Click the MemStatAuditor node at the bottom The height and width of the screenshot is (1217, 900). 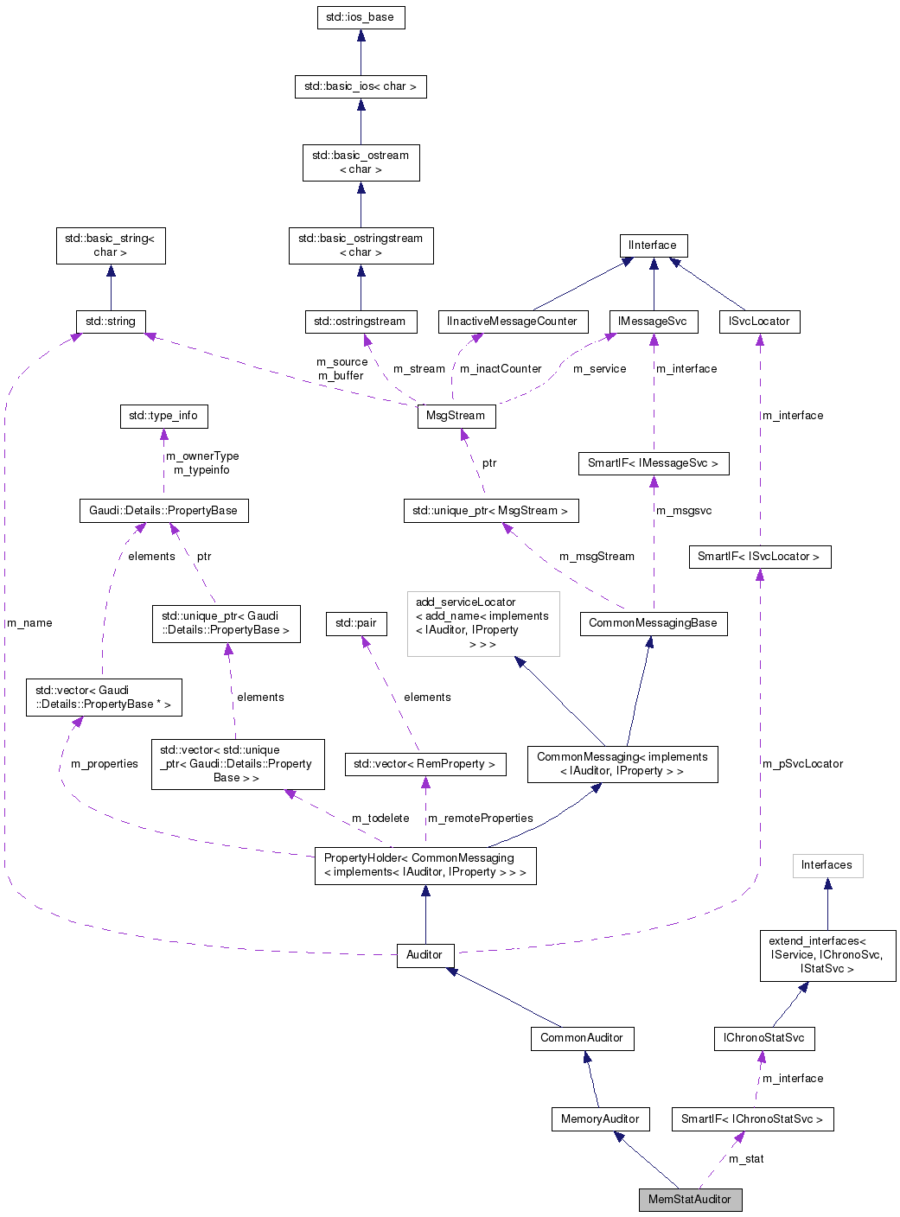tap(690, 1200)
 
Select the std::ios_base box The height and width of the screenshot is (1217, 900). tap(361, 17)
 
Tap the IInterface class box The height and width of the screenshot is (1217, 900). tap(653, 245)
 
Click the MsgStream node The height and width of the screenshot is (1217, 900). tap(456, 416)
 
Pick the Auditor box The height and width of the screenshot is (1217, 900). tap(424, 955)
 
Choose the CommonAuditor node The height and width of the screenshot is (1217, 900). tap(582, 1038)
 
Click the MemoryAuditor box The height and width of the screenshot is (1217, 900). tap(600, 1119)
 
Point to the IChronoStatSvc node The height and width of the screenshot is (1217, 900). tap(763, 1038)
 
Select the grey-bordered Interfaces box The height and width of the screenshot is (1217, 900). tap(827, 865)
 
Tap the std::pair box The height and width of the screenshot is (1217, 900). tap(356, 623)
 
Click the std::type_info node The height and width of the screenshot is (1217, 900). tap(163, 416)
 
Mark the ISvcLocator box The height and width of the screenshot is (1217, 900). tap(759, 322)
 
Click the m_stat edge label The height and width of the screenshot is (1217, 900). tap(746, 1159)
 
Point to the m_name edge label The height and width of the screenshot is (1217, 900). tap(30, 623)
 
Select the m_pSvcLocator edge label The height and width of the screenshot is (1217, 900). tap(802, 764)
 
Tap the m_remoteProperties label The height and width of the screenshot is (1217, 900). tap(481, 819)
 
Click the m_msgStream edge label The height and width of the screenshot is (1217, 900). tap(597, 557)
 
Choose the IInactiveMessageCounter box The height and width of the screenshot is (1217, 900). tap(512, 322)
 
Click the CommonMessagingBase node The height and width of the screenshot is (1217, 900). tap(653, 623)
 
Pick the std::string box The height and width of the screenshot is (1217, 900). tap(111, 322)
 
